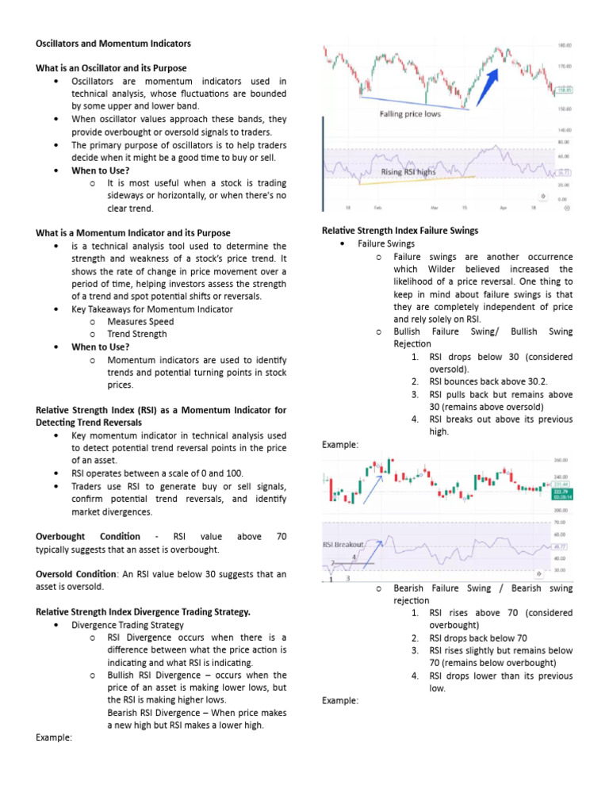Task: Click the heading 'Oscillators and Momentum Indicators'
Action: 113,43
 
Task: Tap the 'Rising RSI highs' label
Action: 408,171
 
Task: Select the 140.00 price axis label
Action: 565,129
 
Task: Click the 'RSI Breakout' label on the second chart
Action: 343,545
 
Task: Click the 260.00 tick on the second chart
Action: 562,460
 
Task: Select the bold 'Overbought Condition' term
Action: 88,537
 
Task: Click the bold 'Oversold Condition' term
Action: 75,574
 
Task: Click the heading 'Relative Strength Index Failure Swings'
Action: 400,231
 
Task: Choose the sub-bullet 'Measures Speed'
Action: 140,322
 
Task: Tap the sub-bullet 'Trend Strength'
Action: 137,334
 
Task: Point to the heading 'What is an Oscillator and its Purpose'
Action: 111,68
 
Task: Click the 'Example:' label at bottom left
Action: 54,737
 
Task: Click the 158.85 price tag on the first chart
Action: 564,90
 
